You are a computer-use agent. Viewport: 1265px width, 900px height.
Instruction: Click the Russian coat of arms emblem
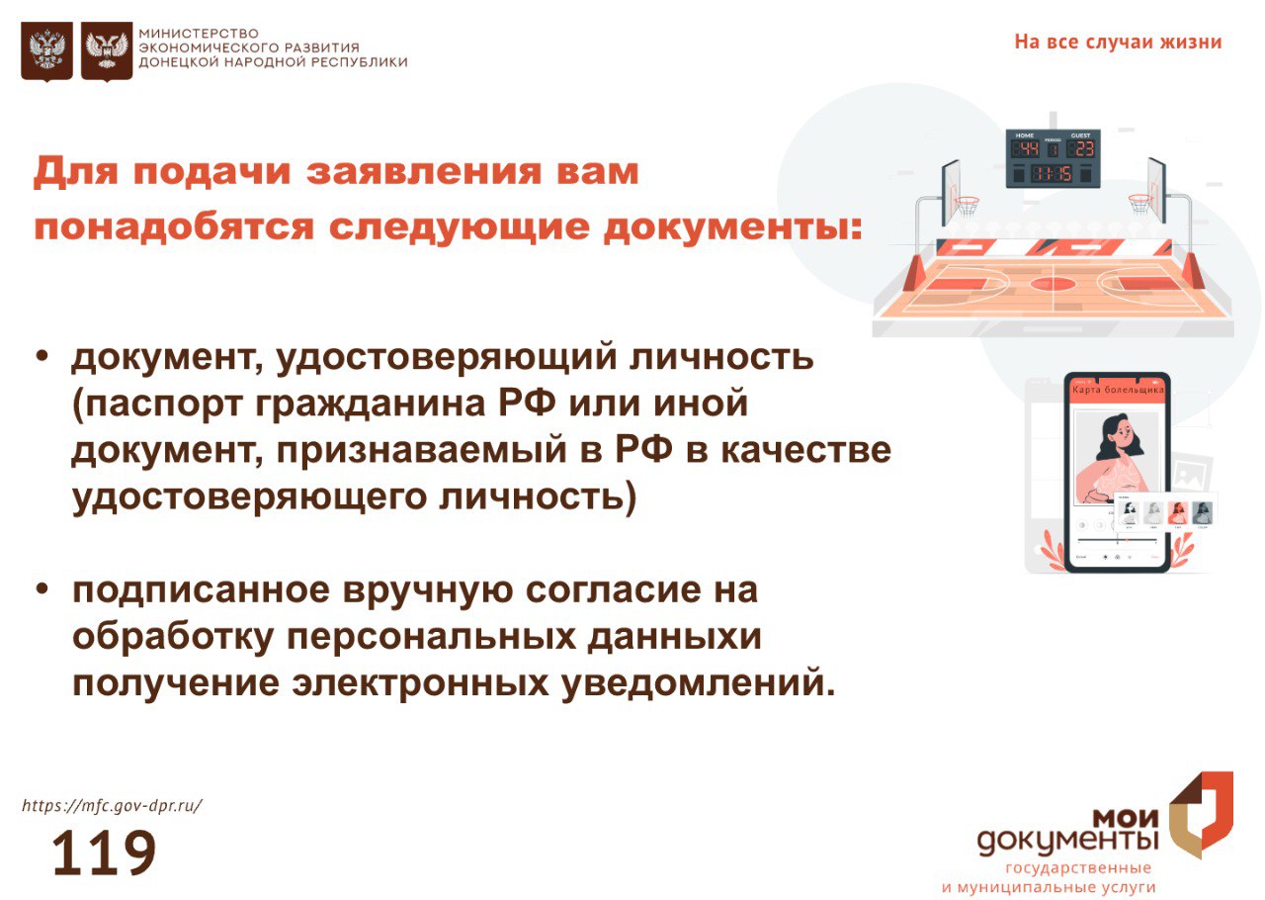(46, 51)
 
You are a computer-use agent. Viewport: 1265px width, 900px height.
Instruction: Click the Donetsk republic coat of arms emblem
(107, 51)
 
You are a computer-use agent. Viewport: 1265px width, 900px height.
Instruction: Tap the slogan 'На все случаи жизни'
(1118, 43)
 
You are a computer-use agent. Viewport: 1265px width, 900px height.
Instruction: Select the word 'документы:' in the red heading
(733, 227)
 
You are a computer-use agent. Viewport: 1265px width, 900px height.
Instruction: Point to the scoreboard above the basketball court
(1054, 158)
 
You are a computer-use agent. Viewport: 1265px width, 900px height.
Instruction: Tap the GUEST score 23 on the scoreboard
(1084, 149)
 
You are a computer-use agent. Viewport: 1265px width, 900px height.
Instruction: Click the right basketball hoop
(1139, 204)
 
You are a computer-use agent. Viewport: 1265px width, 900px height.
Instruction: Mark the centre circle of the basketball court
(1053, 283)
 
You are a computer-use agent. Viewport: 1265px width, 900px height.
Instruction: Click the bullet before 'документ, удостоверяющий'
(42, 356)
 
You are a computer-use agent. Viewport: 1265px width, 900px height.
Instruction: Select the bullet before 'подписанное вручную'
(42, 588)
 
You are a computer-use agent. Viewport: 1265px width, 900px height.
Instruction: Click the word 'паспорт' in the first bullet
(164, 405)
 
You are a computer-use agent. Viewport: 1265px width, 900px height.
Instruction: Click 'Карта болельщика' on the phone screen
(1118, 390)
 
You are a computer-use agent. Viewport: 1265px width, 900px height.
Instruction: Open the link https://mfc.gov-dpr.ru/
(112, 806)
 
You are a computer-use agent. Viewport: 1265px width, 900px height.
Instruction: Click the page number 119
(104, 853)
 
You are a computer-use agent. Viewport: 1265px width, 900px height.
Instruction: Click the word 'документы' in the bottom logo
(1068, 842)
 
